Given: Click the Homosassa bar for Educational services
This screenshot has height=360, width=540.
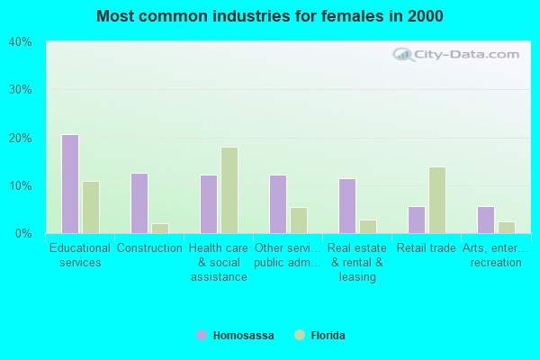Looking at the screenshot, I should (x=70, y=184).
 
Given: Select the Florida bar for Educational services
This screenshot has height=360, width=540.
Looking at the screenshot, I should (x=91, y=207).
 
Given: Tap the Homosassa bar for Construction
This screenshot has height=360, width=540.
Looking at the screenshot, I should (x=139, y=203).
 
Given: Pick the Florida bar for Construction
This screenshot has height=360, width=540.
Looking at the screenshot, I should (x=160, y=228).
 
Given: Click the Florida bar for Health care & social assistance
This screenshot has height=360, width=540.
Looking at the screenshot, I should (x=229, y=190).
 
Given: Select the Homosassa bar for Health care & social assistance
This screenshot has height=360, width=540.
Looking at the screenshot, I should (x=209, y=203).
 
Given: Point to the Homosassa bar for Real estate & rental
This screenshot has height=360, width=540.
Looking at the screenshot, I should (x=347, y=205).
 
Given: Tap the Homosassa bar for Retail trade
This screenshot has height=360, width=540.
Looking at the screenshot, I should (x=417, y=220).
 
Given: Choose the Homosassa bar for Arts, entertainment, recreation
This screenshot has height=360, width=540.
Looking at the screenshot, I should (x=486, y=220).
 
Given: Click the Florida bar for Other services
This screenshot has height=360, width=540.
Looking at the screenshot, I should (x=299, y=220).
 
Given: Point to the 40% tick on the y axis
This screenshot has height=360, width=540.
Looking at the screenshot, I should (x=20, y=41).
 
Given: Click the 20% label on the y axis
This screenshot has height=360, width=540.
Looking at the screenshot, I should (x=20, y=138).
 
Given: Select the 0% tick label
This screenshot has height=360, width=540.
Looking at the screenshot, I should (x=23, y=233).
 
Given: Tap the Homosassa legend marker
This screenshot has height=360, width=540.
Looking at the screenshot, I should (x=202, y=336).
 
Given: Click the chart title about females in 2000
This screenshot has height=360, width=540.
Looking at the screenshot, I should (x=270, y=16).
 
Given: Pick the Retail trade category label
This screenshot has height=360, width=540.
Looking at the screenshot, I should (x=427, y=248).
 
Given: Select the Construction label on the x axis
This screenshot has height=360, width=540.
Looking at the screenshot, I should (x=149, y=248).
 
